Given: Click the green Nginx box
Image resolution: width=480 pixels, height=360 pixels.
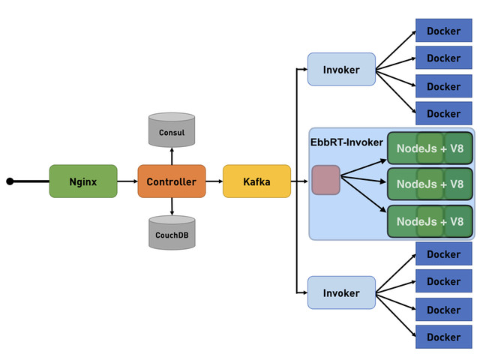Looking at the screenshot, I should [82, 181].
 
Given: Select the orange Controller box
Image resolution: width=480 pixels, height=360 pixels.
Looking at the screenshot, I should [171, 181].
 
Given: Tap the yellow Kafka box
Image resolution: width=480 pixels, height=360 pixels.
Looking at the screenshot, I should [256, 181].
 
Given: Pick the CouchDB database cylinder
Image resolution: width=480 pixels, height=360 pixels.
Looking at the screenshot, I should [171, 232].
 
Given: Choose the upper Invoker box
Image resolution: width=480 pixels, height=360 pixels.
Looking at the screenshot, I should [341, 69].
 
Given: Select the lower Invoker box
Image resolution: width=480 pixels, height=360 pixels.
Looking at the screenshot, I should [341, 292].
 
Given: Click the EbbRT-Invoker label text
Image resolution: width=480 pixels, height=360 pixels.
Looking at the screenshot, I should [346, 141].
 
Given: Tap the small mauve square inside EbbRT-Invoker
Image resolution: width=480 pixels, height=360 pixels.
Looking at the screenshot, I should [325, 180].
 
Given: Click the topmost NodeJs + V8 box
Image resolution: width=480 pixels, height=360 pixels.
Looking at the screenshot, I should [430, 148].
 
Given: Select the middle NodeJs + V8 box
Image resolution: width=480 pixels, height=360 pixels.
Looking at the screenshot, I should [430, 184].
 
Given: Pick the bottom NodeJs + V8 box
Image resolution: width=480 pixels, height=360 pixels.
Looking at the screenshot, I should [430, 221].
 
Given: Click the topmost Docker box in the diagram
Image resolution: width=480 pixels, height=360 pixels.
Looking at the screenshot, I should [443, 31].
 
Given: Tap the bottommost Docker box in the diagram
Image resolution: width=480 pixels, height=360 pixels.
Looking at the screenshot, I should [443, 337].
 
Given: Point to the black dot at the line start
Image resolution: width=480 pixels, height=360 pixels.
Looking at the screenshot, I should [10, 181].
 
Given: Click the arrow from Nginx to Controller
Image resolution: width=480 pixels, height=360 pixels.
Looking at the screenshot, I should [127, 181].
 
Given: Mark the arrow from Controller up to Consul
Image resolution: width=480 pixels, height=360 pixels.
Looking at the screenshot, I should [172, 155].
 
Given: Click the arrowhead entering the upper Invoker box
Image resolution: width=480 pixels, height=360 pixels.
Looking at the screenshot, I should [304, 70].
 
